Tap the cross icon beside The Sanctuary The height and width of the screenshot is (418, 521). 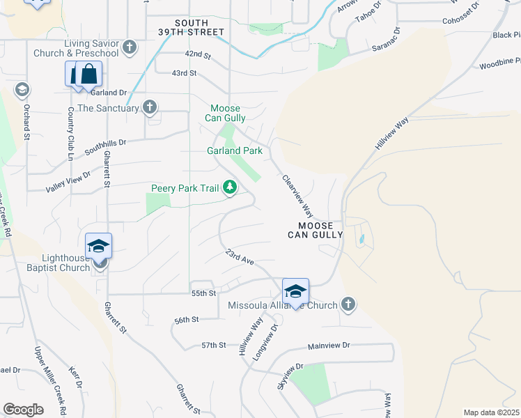coord(149,107)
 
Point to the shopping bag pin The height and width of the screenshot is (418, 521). coord(90,74)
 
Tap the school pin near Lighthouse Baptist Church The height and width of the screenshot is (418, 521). coord(98,246)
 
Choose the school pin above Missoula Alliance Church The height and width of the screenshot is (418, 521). coord(295,291)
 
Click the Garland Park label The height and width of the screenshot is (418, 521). coord(234,150)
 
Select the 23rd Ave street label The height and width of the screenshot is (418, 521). coord(240,258)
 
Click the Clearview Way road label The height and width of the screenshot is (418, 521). coord(297,196)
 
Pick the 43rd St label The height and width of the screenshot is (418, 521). coord(184,72)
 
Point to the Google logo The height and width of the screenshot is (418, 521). coord(23,410)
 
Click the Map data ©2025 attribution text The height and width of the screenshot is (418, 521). coord(491,412)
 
